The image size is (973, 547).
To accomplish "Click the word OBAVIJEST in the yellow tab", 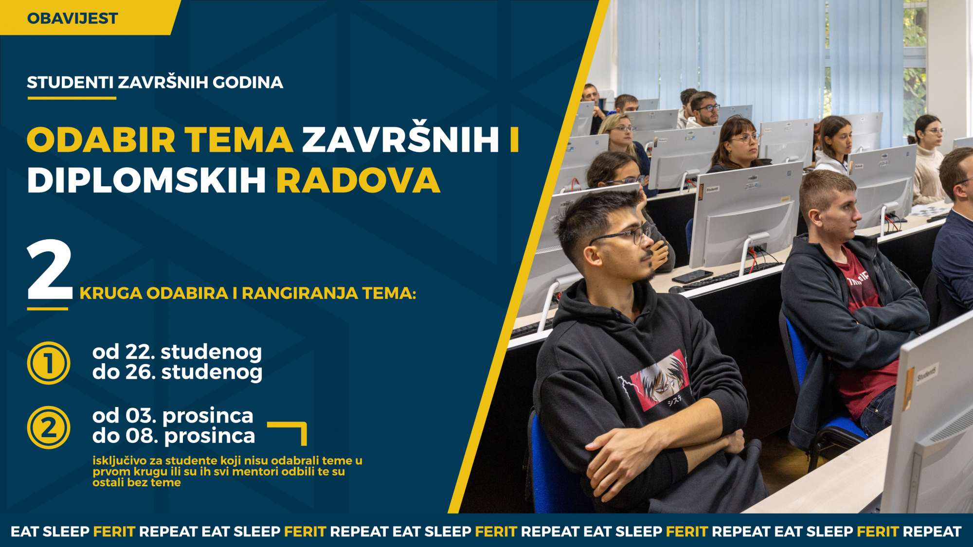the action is coord(72,18).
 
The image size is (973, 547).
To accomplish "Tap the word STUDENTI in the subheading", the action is coord(70,83).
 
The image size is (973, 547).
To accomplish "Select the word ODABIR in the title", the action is coord(101,140).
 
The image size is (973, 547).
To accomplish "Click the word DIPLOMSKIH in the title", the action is coord(146,180).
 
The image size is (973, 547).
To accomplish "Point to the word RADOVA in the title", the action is coord(359,180).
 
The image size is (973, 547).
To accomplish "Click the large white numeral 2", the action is coord(50,270).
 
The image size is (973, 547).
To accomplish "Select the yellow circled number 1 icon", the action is coord(49,363).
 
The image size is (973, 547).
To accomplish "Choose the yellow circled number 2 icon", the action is coord(49,427).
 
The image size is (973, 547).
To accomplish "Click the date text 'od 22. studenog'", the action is coord(177,352).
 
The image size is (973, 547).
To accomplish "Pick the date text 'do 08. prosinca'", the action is coord(174,436).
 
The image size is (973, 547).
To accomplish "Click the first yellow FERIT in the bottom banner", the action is coord(114,531).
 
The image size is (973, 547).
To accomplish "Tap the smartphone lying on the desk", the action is coord(692,276).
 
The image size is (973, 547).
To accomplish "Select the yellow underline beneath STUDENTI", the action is coord(72,98).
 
